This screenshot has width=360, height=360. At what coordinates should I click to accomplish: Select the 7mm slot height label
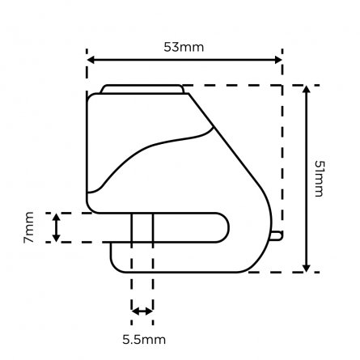coord(28,227)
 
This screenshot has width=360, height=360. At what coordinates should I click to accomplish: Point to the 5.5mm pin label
coord(142,338)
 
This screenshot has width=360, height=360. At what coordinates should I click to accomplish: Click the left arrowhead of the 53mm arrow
coord(91,59)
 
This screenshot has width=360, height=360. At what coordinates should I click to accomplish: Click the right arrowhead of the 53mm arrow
coord(277,59)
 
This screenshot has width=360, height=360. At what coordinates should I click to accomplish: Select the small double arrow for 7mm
coord(56,227)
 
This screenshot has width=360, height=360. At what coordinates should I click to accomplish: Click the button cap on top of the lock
coord(141,89)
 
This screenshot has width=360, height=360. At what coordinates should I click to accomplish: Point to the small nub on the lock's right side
coord(277,235)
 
